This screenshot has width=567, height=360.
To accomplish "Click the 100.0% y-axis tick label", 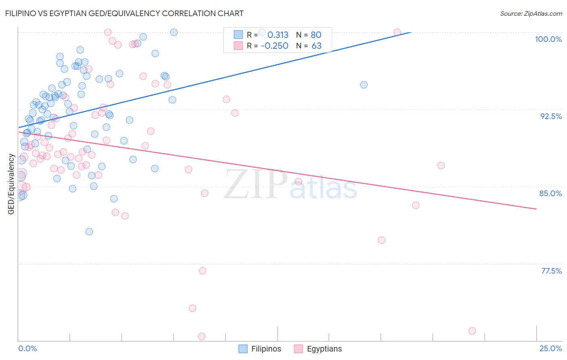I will pyautogui.click(x=548, y=39).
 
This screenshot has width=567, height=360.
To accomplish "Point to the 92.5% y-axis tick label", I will pyautogui.click(x=551, y=116).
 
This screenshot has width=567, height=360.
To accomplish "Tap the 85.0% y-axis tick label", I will pyautogui.click(x=550, y=193).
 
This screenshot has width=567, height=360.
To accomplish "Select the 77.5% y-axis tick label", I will pyautogui.click(x=551, y=271).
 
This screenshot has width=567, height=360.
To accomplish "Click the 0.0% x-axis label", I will pyautogui.click(x=27, y=348).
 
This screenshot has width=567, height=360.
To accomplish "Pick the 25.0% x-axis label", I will pyautogui.click(x=550, y=348).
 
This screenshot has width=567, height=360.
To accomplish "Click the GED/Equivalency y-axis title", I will pyautogui.click(x=11, y=184).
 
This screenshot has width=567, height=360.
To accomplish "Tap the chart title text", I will pyautogui.click(x=124, y=13).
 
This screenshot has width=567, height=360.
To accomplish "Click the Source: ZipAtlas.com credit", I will pyautogui.click(x=531, y=14).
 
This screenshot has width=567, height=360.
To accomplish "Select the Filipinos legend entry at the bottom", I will pyautogui.click(x=260, y=349).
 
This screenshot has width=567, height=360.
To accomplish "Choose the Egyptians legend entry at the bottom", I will pyautogui.click(x=318, y=349).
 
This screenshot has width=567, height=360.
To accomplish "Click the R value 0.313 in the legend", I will pyautogui.click(x=278, y=35).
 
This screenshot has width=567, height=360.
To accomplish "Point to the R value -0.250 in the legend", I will pyautogui.click(x=275, y=46).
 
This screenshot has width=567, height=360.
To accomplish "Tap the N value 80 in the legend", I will pyautogui.click(x=316, y=35).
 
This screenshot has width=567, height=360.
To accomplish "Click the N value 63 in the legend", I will pyautogui.click(x=316, y=46).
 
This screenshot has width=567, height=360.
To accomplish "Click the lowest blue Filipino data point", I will pyautogui.click(x=89, y=232).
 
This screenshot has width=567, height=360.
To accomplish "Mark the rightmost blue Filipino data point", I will pyautogui.click(x=364, y=85).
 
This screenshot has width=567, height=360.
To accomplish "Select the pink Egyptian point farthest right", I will pyautogui.click(x=472, y=331).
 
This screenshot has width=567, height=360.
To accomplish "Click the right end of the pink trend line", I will pyautogui.click(x=536, y=209).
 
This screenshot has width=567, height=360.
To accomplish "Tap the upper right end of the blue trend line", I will pyautogui.click(x=411, y=32).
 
